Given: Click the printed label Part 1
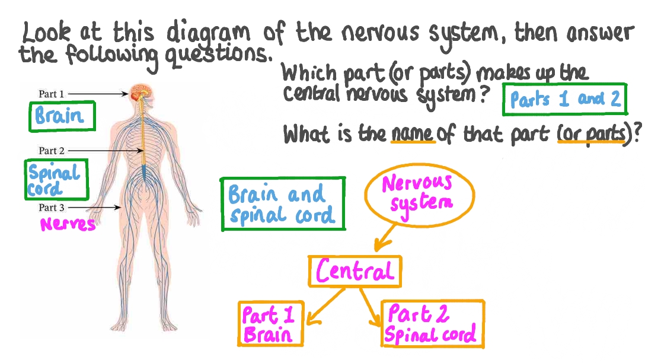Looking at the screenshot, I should click(51, 94).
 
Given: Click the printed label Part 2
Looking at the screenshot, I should click(51, 151).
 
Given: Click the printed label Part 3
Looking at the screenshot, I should click(51, 208).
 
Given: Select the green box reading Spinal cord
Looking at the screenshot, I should click(55, 180).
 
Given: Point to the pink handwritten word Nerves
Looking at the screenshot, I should click(67, 224).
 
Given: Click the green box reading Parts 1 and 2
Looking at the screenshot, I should click(564, 100).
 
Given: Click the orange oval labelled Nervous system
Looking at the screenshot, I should click(419, 193).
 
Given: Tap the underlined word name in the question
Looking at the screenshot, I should click(413, 134).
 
